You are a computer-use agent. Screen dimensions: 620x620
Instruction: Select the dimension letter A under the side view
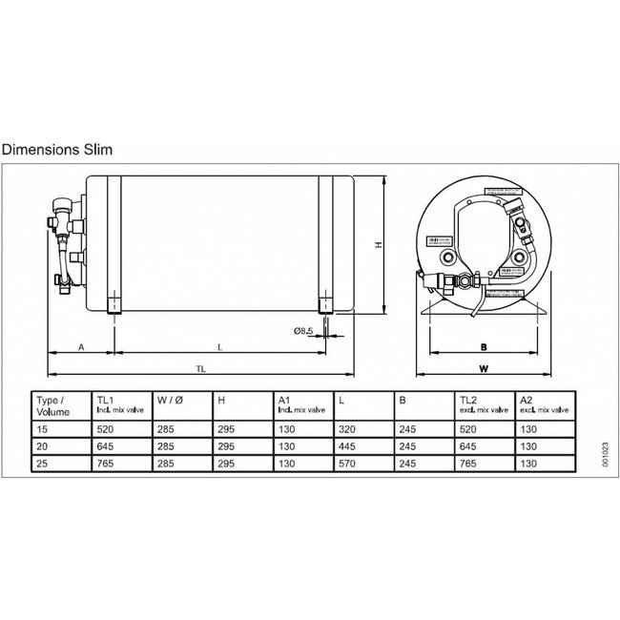coord(81,349)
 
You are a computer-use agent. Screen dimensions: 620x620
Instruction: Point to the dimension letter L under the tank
coord(219,349)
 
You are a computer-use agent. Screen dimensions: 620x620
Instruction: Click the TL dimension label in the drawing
coord(201,368)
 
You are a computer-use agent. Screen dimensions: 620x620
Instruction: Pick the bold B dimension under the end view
coord(484,348)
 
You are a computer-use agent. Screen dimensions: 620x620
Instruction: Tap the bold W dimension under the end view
coord(484,367)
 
